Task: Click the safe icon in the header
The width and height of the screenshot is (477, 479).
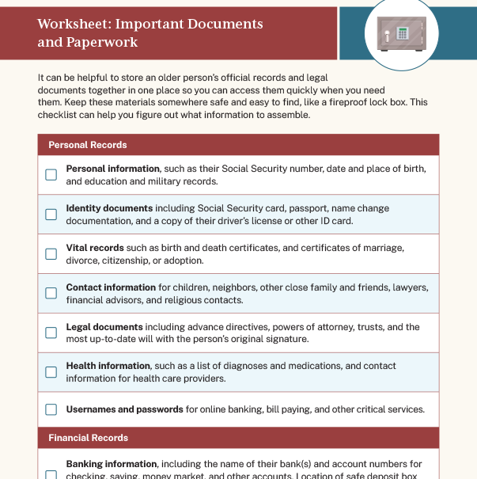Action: [x=401, y=33]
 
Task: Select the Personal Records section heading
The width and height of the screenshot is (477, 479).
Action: [x=88, y=145]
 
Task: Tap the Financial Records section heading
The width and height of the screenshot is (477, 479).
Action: [x=88, y=438]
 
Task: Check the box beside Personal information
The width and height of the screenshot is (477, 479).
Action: [x=51, y=175]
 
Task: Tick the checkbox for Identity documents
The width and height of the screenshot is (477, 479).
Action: [x=51, y=215]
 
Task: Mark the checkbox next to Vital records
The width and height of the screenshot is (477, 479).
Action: [x=51, y=254]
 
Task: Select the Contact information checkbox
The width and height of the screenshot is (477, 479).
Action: [x=51, y=293]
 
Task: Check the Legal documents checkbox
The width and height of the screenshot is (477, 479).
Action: [x=51, y=333]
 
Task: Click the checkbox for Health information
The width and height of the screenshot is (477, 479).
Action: [x=51, y=372]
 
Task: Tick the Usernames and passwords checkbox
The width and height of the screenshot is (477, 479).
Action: [x=51, y=410]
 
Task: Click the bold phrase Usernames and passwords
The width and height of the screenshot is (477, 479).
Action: [x=125, y=410]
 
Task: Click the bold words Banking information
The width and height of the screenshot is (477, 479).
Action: [x=112, y=464]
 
